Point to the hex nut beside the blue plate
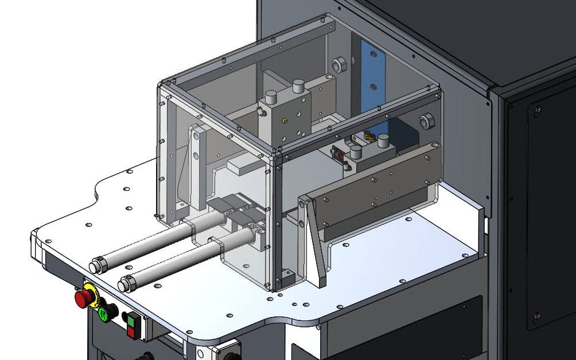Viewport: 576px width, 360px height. click(x=339, y=64)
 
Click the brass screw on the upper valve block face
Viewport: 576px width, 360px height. click(x=285, y=121)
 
